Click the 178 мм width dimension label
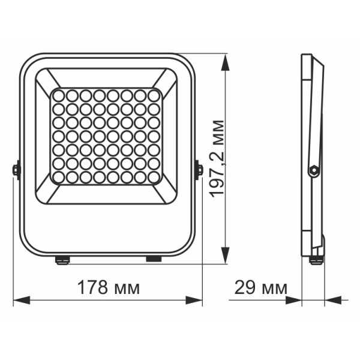[109, 287]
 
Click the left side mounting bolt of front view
[16, 170]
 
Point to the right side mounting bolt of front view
[198, 170]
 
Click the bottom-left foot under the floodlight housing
[61, 260]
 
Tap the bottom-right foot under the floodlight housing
[154, 259]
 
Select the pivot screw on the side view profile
[312, 171]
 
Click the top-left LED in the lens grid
[58, 95]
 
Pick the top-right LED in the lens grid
[154, 95]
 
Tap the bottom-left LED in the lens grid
[58, 178]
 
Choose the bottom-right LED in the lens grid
[154, 178]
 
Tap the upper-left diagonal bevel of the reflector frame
[47, 78]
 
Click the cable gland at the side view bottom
[316, 260]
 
